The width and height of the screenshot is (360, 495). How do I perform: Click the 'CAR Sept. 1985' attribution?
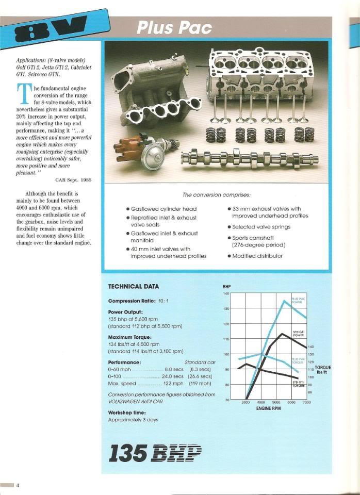pyautogui.click(x=73, y=179)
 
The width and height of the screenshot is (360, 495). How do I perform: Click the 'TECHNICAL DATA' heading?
pyautogui.click(x=134, y=287)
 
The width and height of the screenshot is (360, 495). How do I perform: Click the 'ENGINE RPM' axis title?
pyautogui.click(x=268, y=408)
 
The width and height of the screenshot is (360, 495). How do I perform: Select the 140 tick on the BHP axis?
pyautogui.click(x=226, y=294)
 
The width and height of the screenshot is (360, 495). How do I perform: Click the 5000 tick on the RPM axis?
pyautogui.click(x=276, y=402)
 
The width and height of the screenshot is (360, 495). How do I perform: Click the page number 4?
pyautogui.click(x=18, y=485)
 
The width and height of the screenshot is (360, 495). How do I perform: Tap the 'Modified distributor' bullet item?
pyautogui.click(x=257, y=255)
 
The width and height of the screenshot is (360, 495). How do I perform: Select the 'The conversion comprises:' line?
pyautogui.click(x=217, y=195)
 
